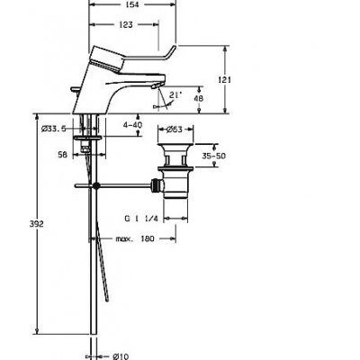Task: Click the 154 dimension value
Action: coord(132,4)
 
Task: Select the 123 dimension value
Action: coord(126,24)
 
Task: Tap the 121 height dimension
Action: coord(224,80)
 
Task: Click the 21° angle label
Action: coord(175,94)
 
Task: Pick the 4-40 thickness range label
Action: coord(132,124)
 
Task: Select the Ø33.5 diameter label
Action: coord(53,129)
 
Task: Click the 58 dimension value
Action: coord(62,155)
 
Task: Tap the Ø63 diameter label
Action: coord(175,130)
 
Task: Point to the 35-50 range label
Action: coord(213,156)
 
